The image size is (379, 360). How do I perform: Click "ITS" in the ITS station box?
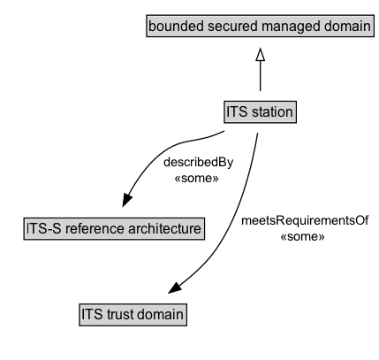point(238,112)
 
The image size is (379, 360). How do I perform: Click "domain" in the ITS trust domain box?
point(163,313)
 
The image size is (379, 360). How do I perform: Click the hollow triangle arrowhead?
point(260,55)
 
